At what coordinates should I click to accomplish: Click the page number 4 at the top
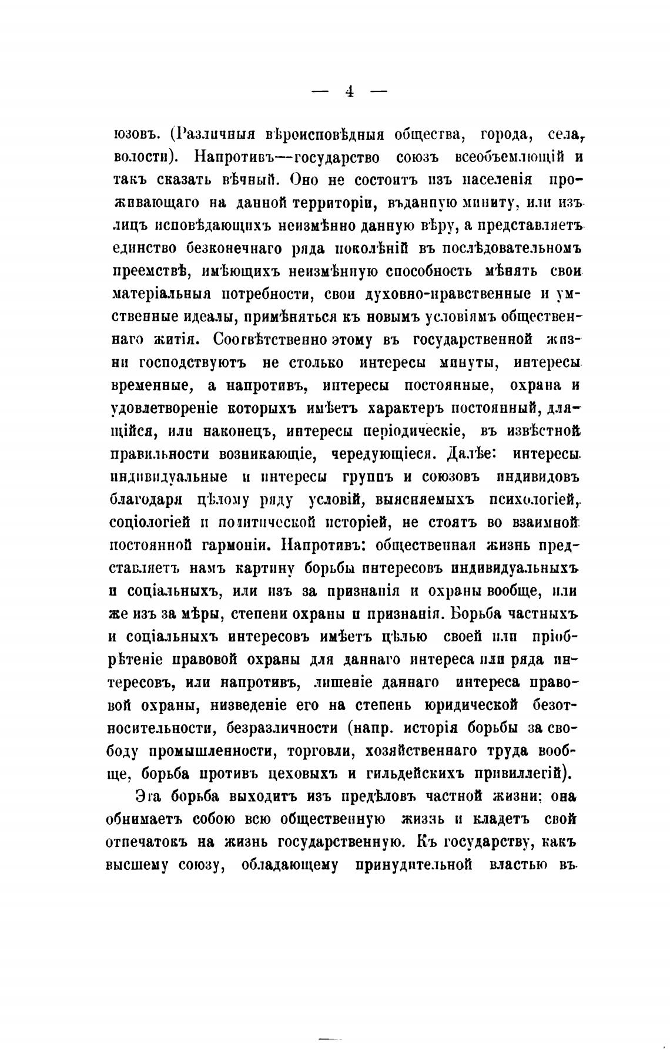[349, 91]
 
